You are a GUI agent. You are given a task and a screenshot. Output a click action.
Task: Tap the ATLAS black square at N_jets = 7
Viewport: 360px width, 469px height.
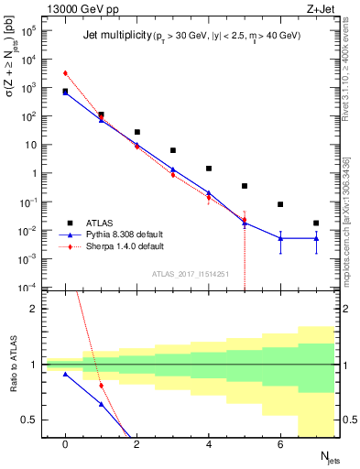316,223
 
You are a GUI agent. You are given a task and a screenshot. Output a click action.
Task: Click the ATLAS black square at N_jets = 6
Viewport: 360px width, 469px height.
280,204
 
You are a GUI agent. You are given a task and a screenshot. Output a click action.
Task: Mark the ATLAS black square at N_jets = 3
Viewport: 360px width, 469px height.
172,150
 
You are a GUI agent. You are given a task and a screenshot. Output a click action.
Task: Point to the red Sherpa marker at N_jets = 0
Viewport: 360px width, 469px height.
65,73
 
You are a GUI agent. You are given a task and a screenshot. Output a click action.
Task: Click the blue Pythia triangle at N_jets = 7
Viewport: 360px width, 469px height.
316,238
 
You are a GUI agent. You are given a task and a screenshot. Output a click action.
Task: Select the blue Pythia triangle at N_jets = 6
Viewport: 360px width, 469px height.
280,238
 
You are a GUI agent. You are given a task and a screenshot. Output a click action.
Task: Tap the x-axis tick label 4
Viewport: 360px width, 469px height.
209,444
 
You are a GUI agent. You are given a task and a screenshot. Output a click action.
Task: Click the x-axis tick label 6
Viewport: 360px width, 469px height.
280,444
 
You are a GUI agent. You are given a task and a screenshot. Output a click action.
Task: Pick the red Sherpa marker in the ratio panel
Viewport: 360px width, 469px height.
101,386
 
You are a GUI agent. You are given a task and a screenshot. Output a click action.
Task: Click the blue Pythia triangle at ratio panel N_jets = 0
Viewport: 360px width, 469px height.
65,374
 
